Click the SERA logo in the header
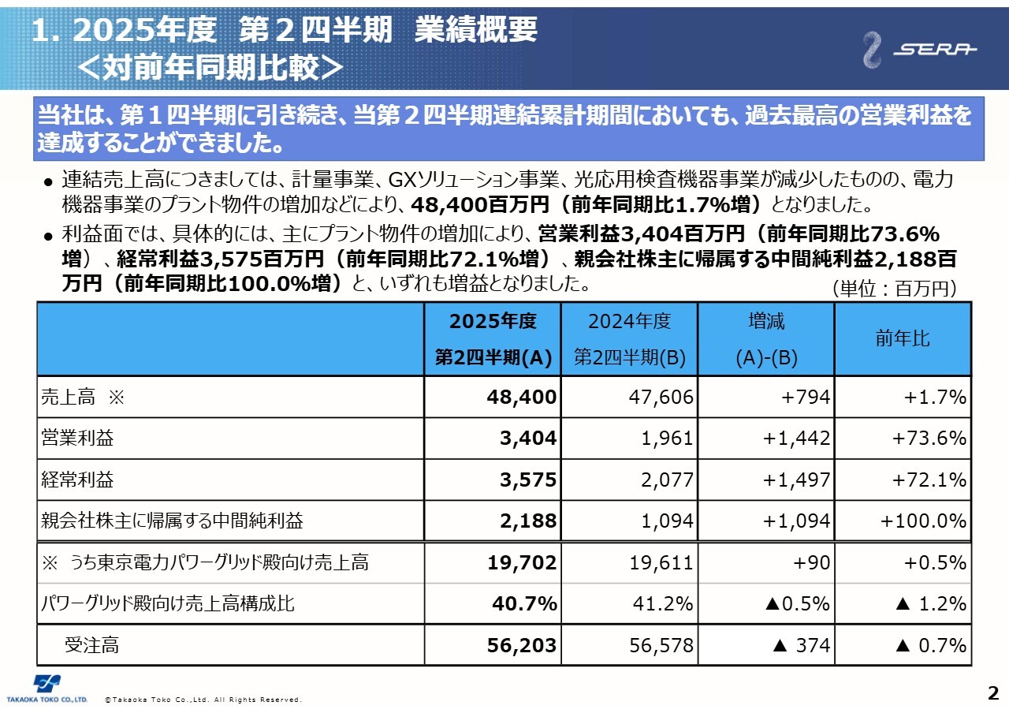[919, 50]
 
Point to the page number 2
[993, 694]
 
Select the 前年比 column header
[903, 339]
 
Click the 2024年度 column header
[629, 322]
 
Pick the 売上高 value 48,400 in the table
[522, 397]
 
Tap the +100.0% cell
[923, 521]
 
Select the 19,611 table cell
[661, 562]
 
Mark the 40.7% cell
[524, 604]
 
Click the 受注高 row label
[91, 645]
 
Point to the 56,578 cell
[661, 645]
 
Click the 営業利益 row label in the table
[77, 439]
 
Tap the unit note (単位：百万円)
[894, 289]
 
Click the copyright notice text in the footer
[203, 700]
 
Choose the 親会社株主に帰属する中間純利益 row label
[172, 521]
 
